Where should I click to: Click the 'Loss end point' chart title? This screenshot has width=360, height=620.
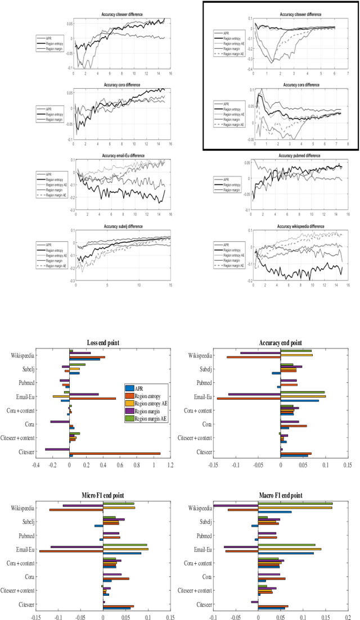tap(103, 343)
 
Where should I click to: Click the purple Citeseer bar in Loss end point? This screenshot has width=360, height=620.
tap(57, 449)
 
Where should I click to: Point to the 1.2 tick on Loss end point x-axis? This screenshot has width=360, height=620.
tap(170, 464)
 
